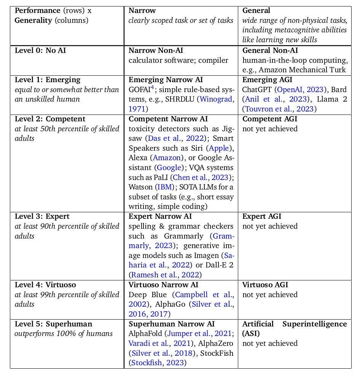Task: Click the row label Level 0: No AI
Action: tap(40, 51)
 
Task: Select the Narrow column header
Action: tap(142, 11)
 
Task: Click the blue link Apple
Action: tap(219, 148)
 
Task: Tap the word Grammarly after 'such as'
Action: tap(185, 236)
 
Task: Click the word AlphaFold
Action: tap(145, 334)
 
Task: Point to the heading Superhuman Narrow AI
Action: tap(172, 324)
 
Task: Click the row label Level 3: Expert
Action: tap(42, 216)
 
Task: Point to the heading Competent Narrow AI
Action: tap(168, 119)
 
